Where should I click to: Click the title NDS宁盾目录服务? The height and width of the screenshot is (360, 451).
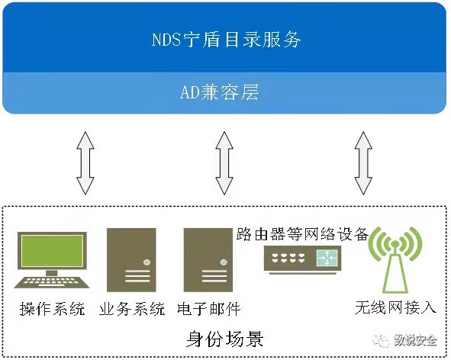[227, 40]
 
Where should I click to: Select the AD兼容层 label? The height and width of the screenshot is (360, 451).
[220, 92]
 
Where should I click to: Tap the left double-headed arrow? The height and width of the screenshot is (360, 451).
[85, 163]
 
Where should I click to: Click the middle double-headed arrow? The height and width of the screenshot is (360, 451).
[224, 163]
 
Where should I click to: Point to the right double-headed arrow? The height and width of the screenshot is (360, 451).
[363, 163]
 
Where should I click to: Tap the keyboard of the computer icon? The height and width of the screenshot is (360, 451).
[52, 282]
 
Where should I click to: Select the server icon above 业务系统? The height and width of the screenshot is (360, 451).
[131, 260]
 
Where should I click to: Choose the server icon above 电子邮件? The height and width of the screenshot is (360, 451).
[208, 260]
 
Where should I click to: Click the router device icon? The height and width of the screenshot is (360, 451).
[303, 259]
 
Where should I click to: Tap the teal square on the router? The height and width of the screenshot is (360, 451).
[327, 258]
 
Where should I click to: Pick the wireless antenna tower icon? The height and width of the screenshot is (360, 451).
[395, 259]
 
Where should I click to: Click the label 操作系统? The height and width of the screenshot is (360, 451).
[53, 309]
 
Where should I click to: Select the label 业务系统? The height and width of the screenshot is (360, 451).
[132, 309]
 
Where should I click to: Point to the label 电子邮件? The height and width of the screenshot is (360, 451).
[209, 309]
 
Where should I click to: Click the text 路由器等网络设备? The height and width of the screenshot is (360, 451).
[302, 234]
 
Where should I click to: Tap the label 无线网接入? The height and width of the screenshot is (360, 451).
[395, 307]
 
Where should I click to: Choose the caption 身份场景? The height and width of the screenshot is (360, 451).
[224, 339]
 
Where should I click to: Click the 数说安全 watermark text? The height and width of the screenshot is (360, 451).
[416, 341]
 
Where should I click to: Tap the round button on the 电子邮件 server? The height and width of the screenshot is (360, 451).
[224, 262]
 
